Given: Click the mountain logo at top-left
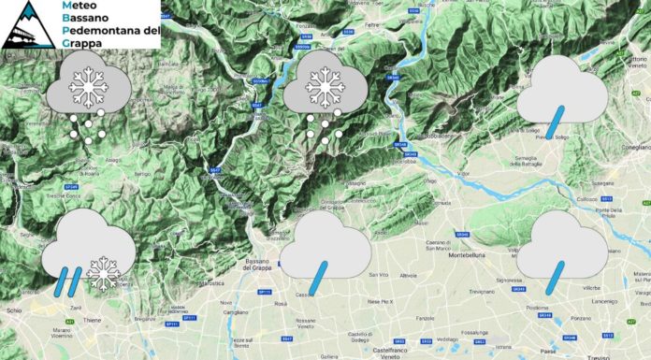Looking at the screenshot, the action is tap(27, 24).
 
